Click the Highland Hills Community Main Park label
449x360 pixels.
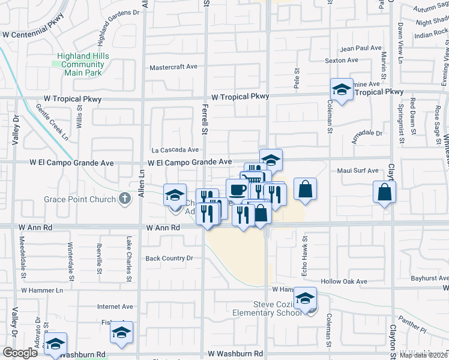[82, 64]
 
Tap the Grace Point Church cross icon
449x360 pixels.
[125, 199]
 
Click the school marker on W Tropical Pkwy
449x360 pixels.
[342, 90]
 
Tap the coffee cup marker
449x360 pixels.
[237, 190]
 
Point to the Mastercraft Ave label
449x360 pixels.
[173, 68]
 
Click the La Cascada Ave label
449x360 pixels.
[175, 150]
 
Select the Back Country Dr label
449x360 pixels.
[169, 259]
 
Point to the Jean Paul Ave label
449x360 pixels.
[361, 48]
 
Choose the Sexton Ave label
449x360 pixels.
[342, 61]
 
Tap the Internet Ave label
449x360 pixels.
[115, 307]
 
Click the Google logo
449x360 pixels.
[20, 353]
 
